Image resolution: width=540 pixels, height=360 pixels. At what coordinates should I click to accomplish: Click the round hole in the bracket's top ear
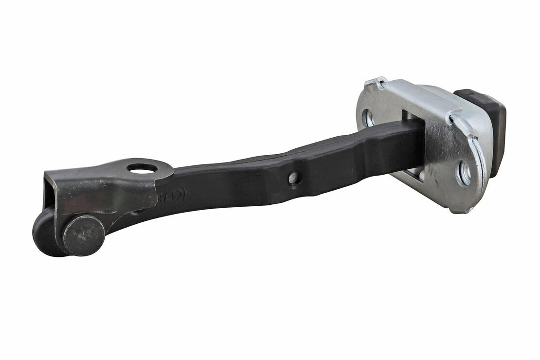click(x=142, y=168)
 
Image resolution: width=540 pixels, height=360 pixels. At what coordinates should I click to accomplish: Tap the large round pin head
click(x=83, y=235)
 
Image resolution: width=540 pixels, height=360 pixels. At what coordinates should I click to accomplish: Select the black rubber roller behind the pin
click(x=45, y=233)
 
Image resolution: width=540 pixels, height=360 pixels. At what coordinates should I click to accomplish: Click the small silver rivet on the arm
click(x=293, y=178)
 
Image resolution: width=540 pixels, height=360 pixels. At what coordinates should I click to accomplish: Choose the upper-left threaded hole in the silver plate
click(x=368, y=118)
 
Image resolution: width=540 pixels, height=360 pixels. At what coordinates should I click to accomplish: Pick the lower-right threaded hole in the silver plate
click(x=463, y=173)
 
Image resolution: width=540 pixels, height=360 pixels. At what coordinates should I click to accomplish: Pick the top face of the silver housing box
click(x=428, y=95)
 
